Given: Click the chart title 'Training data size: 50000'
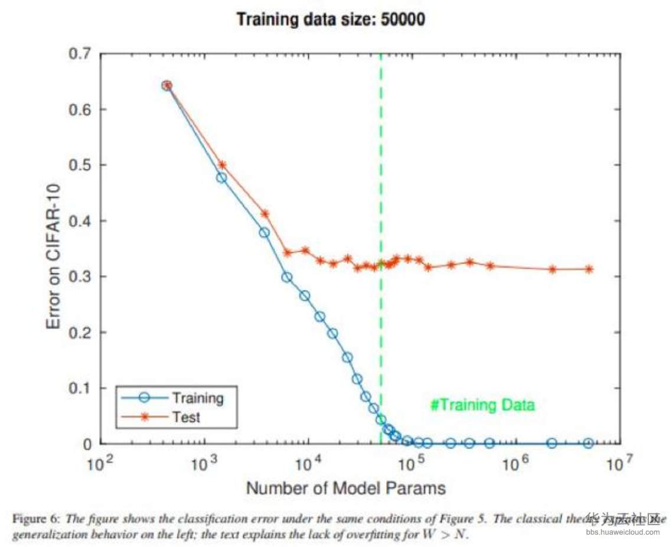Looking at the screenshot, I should click(x=331, y=19).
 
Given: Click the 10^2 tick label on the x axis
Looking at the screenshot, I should click(x=99, y=464).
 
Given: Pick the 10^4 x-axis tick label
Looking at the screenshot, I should click(x=307, y=464).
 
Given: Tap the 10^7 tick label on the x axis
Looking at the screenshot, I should click(x=618, y=464).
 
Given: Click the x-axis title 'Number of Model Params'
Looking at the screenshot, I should click(x=345, y=488).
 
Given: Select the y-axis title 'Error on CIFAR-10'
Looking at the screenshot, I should click(x=54, y=248).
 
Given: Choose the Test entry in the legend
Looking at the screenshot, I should click(x=186, y=416).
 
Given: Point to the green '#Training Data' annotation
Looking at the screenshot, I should click(x=482, y=405).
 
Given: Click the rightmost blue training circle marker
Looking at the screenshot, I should click(x=588, y=443).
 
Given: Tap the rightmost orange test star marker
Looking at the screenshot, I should click(x=589, y=269).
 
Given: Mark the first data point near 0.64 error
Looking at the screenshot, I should click(x=167, y=86).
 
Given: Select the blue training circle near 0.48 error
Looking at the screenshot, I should click(x=221, y=178).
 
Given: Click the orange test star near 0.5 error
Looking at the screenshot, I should click(x=222, y=165).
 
